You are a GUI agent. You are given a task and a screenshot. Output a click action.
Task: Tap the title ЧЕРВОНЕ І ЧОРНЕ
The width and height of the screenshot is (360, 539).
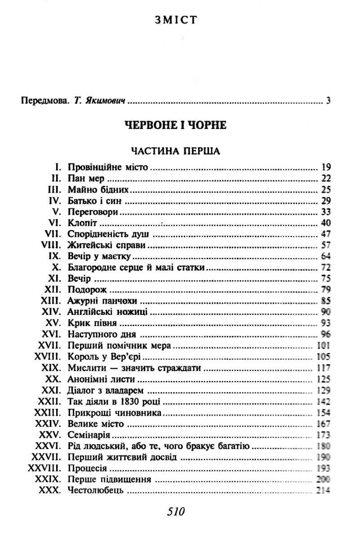[x=175, y=126]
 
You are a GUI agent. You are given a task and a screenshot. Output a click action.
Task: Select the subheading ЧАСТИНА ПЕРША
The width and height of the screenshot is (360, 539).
[x=175, y=150]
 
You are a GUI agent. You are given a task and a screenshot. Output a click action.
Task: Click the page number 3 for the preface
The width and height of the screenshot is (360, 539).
[x=329, y=100]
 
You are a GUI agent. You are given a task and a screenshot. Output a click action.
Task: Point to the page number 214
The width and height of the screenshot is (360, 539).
[x=323, y=490]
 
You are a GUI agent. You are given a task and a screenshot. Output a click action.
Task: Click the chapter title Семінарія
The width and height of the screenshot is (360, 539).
[x=89, y=435]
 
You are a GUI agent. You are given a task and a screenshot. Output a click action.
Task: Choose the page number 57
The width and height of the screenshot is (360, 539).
[x=326, y=246]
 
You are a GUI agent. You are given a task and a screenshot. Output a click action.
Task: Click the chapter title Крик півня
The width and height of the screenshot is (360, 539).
[x=92, y=323]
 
